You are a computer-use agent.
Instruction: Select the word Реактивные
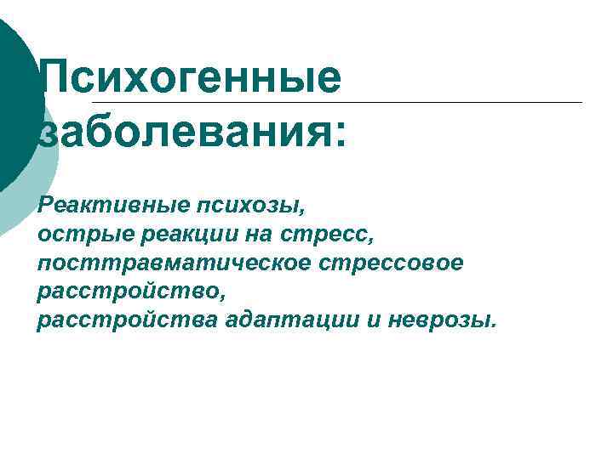[114, 204]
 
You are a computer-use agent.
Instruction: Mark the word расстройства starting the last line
[128, 320]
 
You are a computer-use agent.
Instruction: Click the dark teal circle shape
[15, 102]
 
